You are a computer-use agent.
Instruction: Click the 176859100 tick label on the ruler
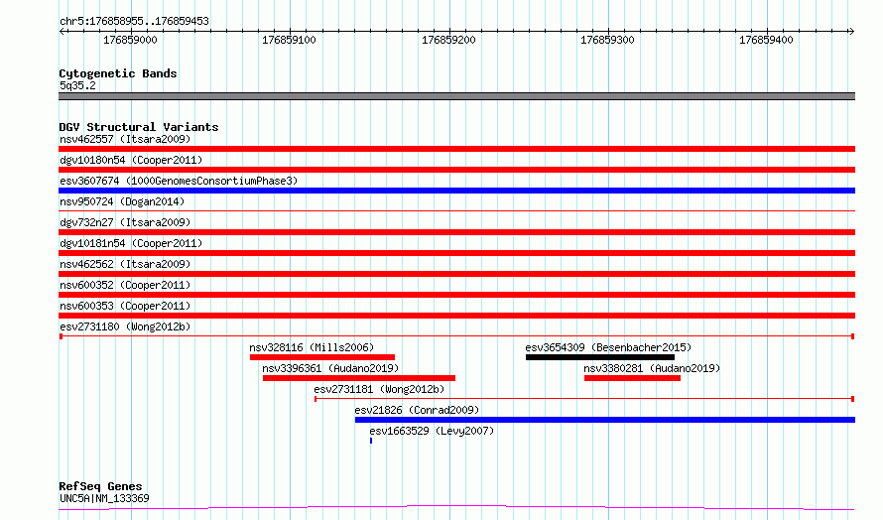pyautogui.click(x=289, y=40)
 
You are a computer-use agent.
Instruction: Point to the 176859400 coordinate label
pyautogui.click(x=766, y=40)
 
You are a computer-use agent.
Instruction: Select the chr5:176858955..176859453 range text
pyautogui.click(x=134, y=22)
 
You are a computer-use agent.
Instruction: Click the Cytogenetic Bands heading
pyautogui.click(x=118, y=73)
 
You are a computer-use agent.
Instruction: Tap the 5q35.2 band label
pyautogui.click(x=77, y=85)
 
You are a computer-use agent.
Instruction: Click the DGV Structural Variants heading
pyautogui.click(x=139, y=127)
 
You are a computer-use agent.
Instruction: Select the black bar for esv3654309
pyautogui.click(x=599, y=357)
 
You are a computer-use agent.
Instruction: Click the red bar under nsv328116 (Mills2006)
pyautogui.click(x=322, y=357)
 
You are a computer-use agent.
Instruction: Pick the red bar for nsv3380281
pyautogui.click(x=632, y=378)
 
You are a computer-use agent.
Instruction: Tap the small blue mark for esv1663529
pyautogui.click(x=371, y=441)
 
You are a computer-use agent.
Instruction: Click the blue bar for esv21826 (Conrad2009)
pyautogui.click(x=605, y=420)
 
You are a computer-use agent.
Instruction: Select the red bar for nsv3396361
pyautogui.click(x=359, y=378)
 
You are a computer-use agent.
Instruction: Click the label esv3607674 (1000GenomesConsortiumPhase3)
pyautogui.click(x=179, y=181)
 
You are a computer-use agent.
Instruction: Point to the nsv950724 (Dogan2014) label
pyautogui.click(x=122, y=201)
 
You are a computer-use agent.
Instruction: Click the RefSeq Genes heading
pyautogui.click(x=100, y=486)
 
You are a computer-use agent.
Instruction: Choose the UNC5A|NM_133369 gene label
pyautogui.click(x=104, y=498)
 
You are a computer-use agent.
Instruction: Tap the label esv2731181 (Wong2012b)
pyautogui.click(x=379, y=389)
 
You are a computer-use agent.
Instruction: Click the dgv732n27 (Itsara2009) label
pyautogui.click(x=125, y=222)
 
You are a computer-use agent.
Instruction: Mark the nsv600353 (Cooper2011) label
pyautogui.click(x=125, y=306)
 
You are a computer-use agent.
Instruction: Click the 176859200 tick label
pyautogui.click(x=448, y=40)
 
